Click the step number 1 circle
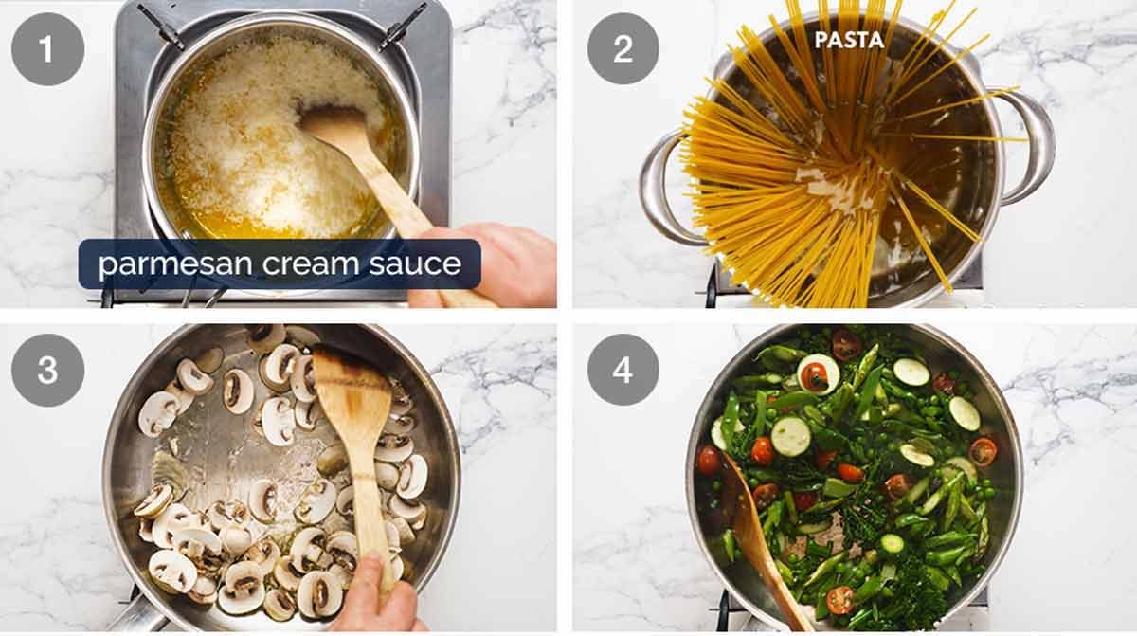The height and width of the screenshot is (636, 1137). pyautogui.click(x=47, y=49)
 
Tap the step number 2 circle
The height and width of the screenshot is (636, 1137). pyautogui.click(x=623, y=49)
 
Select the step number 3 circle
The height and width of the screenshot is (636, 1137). pyautogui.click(x=47, y=370)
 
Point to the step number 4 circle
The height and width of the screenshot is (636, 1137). pyautogui.click(x=623, y=370)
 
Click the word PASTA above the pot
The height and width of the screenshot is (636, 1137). pyautogui.click(x=850, y=40)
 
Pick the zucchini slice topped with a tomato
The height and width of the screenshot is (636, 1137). pyautogui.click(x=817, y=373)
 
